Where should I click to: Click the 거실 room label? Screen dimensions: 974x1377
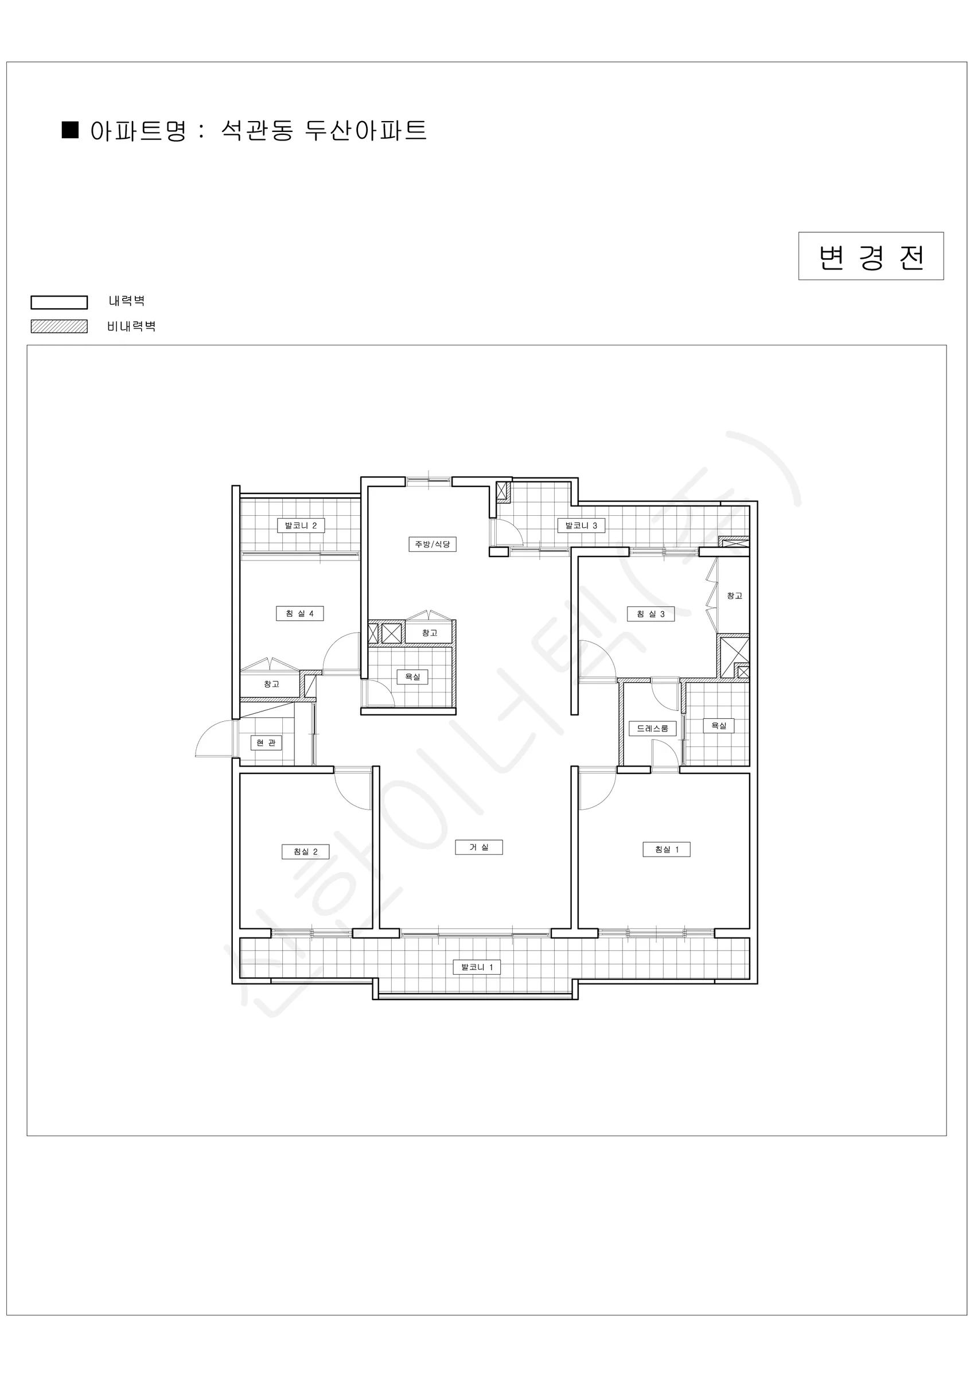(478, 847)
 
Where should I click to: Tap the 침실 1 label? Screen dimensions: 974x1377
(667, 849)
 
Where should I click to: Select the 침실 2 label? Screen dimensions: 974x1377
(305, 851)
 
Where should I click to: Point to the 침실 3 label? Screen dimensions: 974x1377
(650, 614)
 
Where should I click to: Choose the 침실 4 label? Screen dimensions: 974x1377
(300, 613)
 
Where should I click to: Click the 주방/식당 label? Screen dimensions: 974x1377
(433, 544)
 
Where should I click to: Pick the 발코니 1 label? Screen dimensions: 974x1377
(477, 967)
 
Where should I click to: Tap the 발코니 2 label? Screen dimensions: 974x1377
(301, 526)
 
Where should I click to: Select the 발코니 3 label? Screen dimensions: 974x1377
(581, 526)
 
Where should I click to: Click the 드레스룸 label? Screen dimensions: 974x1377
(653, 728)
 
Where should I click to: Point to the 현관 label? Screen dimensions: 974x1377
(266, 743)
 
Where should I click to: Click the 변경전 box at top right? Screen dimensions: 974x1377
(871, 256)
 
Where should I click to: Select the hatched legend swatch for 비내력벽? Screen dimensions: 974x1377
(59, 326)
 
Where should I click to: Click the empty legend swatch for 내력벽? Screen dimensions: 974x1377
(59, 302)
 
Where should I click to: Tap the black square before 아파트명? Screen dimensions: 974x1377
(71, 130)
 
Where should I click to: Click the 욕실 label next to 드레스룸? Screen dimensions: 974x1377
(719, 726)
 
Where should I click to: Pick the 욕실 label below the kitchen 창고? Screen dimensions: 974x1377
(412, 677)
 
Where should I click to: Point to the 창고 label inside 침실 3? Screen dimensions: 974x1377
(735, 596)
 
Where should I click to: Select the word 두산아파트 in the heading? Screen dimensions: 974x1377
(366, 130)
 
